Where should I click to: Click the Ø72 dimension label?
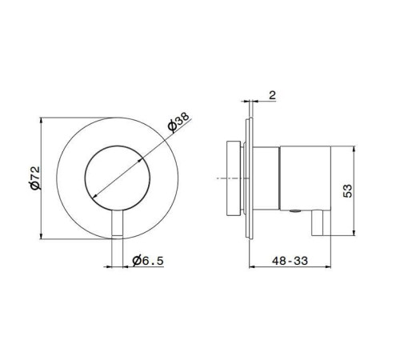pyautogui.click(x=35, y=178)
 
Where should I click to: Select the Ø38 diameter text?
pyautogui.click(x=178, y=122)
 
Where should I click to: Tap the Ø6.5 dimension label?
pyautogui.click(x=148, y=261)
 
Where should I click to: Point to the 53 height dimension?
pyautogui.click(x=347, y=190)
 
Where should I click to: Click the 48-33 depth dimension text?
pyautogui.click(x=290, y=261)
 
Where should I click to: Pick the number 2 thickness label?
pyautogui.click(x=272, y=95)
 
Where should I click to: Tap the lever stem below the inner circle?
pyautogui.click(x=117, y=223)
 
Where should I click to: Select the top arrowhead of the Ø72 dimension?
pyautogui.click(x=41, y=120)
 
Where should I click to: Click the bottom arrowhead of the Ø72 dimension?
pyautogui.click(x=41, y=236)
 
